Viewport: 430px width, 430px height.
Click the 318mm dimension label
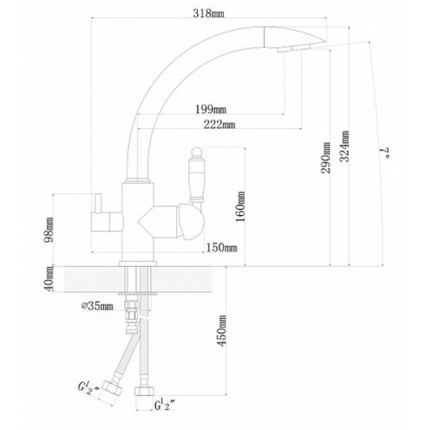(208, 13)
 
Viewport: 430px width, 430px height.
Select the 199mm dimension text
(211, 110)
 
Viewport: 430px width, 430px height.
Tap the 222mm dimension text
(219, 125)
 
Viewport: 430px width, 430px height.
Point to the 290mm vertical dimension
(325, 158)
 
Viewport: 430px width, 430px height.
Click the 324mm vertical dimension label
(345, 147)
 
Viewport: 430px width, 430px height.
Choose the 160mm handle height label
(240, 207)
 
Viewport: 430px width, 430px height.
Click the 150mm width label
(222, 248)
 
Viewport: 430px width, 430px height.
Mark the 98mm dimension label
(49, 229)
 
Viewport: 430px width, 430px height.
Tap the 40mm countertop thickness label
(49, 279)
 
